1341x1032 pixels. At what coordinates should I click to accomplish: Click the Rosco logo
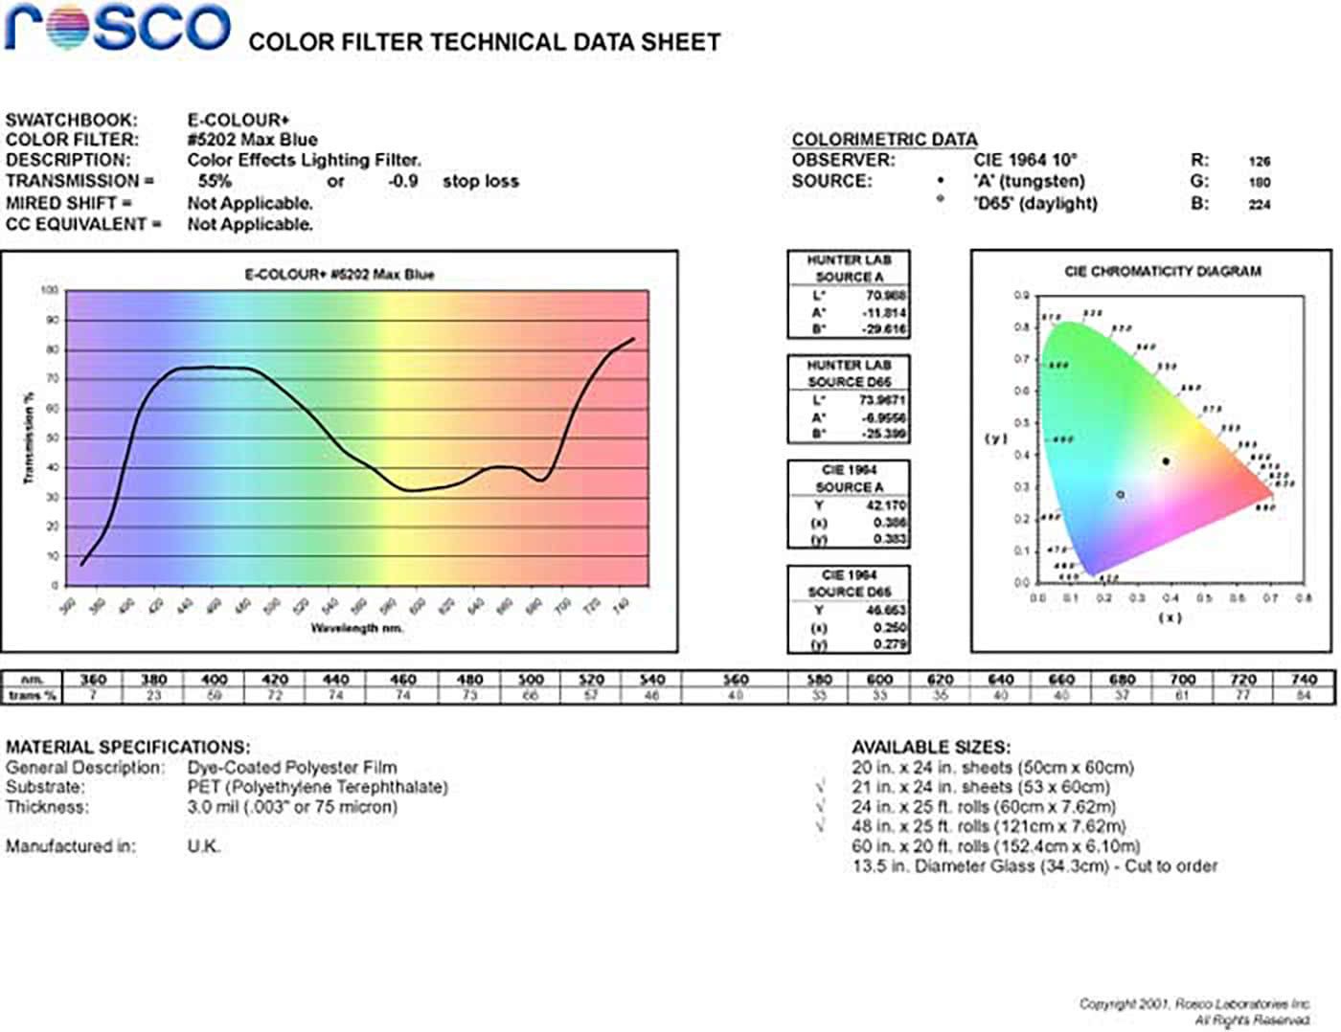coord(117,28)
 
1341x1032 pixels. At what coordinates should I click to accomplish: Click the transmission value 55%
coord(215,182)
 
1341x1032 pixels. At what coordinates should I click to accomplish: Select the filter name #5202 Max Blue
coord(252,140)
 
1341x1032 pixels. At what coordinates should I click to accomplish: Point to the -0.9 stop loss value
coord(402,182)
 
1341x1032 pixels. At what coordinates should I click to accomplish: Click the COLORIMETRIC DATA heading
coord(884,140)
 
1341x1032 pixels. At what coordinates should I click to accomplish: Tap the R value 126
coord(1259,162)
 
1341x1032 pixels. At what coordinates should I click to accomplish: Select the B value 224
coord(1259,205)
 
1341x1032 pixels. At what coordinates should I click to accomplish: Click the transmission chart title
coord(339,275)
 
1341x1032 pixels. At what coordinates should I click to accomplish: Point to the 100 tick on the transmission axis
coord(50,290)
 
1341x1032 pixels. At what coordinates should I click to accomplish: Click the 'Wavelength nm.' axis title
coord(356,628)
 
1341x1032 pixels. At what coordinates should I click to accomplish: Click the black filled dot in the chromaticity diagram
coord(1166,461)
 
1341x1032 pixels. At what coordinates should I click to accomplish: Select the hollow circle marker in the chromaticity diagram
coord(1120,495)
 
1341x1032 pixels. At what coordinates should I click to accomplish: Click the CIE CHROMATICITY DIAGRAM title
coord(1162,272)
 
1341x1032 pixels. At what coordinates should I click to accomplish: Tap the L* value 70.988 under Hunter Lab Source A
coord(885,296)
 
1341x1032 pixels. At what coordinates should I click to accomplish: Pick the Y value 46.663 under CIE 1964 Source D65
coord(885,611)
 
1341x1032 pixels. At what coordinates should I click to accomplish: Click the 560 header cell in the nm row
coord(735,680)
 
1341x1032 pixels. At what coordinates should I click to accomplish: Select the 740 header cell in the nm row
coord(1303,680)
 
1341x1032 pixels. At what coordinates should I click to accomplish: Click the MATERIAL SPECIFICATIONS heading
coord(127,747)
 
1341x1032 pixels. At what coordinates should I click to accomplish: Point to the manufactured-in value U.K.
coord(203,846)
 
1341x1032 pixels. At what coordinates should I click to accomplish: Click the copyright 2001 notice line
coord(1193,1004)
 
